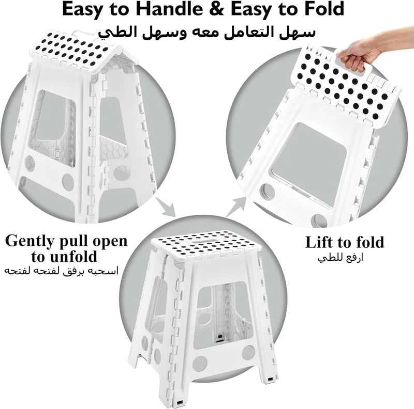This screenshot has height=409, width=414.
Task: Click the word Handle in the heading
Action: point(170,9)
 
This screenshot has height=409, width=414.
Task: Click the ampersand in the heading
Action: point(217,9)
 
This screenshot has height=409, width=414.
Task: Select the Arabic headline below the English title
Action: point(206,32)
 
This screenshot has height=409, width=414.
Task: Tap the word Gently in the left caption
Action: point(29,241)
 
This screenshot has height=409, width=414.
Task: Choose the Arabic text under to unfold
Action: point(61,271)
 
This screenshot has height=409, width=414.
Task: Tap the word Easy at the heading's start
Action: point(82,9)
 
